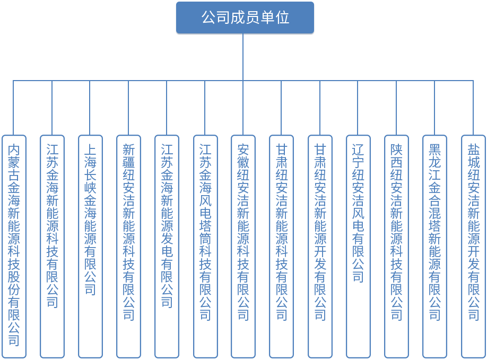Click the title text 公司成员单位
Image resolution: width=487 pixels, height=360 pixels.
(x=245, y=17)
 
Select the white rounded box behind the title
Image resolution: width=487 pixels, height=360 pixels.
(x=334, y=19)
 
